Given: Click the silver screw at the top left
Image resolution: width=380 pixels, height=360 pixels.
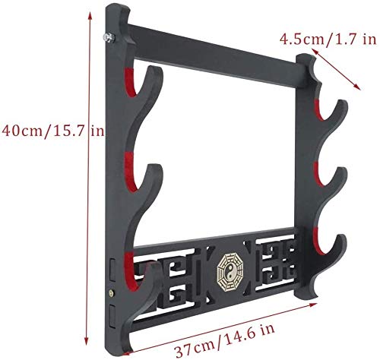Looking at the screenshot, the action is [109, 38].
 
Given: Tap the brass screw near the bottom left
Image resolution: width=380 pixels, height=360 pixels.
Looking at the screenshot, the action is [111, 293].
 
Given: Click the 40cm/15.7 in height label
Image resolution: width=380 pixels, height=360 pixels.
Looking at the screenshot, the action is [52, 131].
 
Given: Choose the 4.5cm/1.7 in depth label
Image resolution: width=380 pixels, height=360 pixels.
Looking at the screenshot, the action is [328, 39].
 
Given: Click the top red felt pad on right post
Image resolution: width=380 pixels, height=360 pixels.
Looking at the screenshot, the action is [318, 109].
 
